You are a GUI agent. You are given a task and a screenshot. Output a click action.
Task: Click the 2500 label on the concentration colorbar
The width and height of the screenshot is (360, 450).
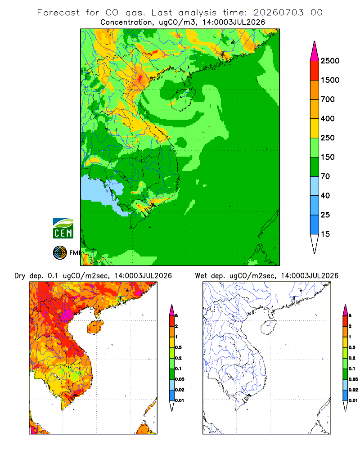[330, 61]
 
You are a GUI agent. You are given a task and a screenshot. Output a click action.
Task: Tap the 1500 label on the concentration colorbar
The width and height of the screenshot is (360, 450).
[330, 80]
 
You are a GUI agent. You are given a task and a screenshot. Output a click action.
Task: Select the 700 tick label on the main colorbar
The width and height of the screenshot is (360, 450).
[328, 99]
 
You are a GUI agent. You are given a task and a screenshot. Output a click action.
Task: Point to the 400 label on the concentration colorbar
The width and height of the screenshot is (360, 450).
[328, 118]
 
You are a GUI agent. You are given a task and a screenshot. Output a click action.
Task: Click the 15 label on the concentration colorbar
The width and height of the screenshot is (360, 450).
[325, 234]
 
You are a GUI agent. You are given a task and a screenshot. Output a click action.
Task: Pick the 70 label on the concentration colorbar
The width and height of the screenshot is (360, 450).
[325, 176]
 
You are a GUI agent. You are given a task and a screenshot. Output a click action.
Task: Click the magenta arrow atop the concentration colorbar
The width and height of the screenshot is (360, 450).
[315, 51]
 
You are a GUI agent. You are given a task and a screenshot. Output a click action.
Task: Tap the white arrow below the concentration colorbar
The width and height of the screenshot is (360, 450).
[315, 244]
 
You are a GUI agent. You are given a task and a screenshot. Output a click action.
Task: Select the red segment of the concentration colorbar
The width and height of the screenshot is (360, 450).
[315, 71]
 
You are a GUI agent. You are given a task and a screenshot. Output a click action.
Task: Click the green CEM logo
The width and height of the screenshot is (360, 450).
[63, 229]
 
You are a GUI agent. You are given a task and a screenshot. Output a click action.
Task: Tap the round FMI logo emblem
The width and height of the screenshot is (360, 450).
[60, 253]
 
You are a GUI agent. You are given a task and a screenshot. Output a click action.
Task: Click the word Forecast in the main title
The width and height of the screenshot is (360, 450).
[58, 13]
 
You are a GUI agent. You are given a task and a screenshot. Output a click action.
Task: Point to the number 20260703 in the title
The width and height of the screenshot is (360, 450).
[278, 13]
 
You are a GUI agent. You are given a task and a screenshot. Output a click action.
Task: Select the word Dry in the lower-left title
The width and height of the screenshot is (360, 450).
[20, 276]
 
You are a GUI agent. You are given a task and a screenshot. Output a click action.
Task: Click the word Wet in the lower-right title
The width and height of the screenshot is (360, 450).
[201, 276]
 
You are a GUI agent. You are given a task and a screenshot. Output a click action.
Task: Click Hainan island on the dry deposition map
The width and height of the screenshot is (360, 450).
[95, 327]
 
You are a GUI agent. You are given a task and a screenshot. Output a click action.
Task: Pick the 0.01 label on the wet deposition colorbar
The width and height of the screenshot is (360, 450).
[353, 400]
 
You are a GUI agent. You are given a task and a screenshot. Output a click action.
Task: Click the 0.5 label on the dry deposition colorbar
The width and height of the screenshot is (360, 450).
[178, 347]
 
